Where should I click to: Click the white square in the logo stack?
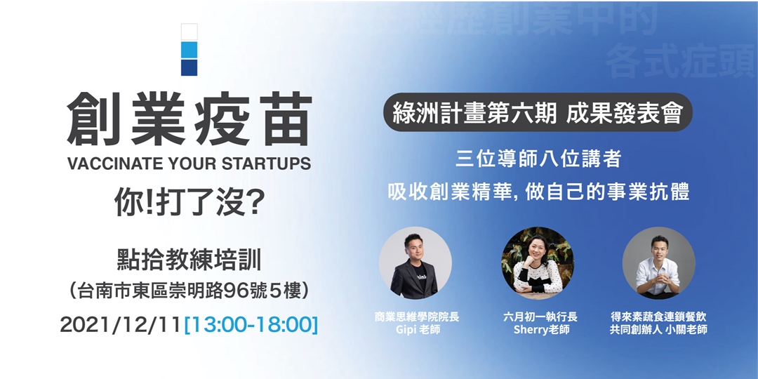[189, 32]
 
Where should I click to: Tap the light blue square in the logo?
[189, 50]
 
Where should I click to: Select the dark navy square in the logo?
[189, 67]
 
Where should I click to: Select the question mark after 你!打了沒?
[257, 203]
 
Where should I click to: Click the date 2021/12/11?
[121, 324]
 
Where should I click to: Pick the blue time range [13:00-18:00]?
[251, 324]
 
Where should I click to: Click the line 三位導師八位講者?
[538, 159]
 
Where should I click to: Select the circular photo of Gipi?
[415, 262]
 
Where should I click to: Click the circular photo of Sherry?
[538, 262]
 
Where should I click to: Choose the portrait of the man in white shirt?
[658, 262]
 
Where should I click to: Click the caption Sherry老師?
[538, 330]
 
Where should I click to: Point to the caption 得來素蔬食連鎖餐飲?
[658, 317]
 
